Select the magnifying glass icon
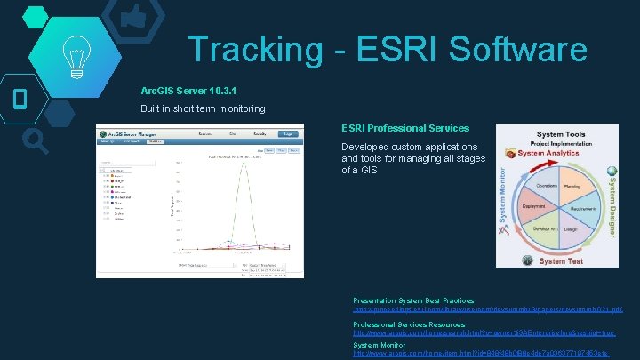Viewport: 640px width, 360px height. [x=36, y=140]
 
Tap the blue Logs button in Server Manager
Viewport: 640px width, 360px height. [x=286, y=133]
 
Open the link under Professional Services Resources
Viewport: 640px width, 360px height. [x=484, y=332]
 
